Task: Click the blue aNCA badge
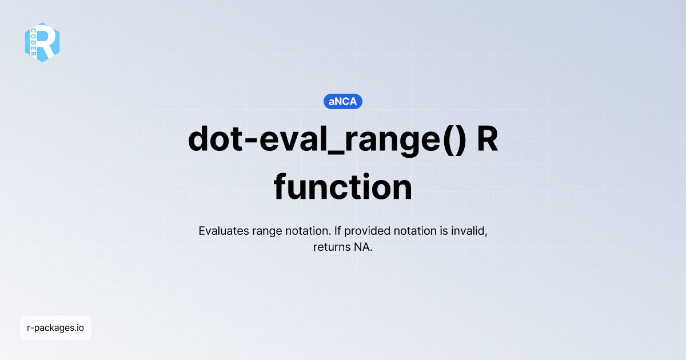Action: [343, 102]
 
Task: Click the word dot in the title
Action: [213, 139]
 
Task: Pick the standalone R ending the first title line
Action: [487, 139]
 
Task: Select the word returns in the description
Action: [330, 247]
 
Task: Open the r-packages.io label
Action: [55, 328]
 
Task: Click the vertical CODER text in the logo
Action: [34, 42]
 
